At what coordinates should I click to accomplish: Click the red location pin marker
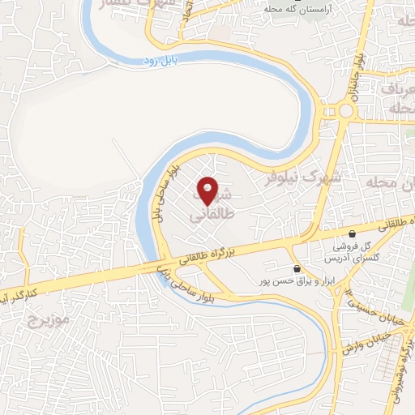[207, 191]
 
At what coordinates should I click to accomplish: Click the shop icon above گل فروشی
[352, 233]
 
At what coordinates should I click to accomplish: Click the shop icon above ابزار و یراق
[297, 268]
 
